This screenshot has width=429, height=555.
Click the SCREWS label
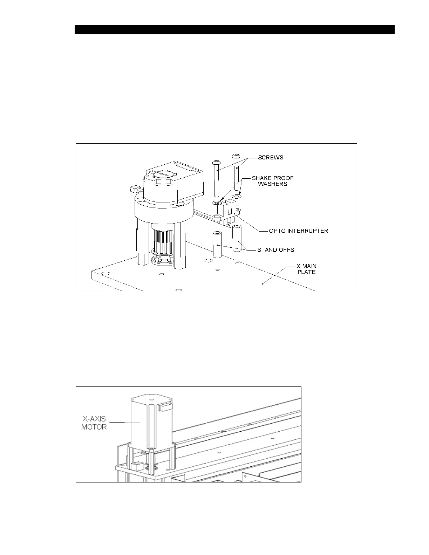pos(271,158)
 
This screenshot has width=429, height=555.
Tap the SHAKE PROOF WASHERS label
pos(272,181)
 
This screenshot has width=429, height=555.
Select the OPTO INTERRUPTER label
pos(298,231)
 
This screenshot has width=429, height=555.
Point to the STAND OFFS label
pos(275,250)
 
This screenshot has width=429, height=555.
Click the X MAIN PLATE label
pos(306,269)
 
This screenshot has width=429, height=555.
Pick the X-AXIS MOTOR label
pos(94,423)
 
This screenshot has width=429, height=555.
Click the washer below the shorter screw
pos(217,203)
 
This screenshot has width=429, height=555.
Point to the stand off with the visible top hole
pos(217,244)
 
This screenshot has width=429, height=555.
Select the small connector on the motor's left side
pos(133,190)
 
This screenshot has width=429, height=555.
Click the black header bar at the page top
pos(234,29)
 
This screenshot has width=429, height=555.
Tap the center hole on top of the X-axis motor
pos(151,399)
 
